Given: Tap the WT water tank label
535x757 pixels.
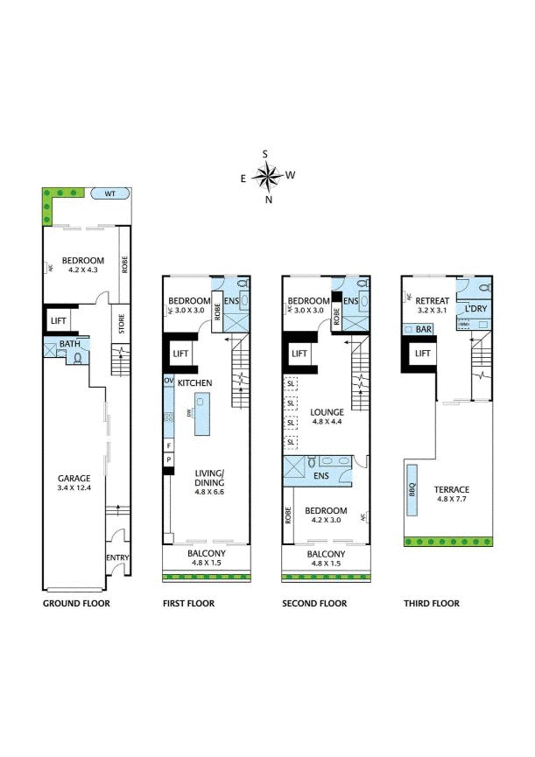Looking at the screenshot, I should coord(110,193).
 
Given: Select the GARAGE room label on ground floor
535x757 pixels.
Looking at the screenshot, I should coord(74,479).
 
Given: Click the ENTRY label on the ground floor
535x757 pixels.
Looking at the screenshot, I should coord(117,557).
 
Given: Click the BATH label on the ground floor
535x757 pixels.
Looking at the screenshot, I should coord(70,345).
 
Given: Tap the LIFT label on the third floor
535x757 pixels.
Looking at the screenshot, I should coord(422,354).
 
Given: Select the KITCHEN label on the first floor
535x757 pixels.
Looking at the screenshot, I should coord(194,383).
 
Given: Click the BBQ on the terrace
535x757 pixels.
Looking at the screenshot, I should coord(412,491).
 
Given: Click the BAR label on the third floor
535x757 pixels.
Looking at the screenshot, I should coord(425,330).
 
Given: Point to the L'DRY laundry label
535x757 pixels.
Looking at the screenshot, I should coord(476,310).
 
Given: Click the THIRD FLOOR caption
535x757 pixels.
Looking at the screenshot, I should coord(431,604).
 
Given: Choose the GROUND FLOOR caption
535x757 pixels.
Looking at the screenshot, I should coord(76,604).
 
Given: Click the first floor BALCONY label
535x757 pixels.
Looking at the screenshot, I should coord(207,554).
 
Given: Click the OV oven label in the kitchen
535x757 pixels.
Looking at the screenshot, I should coord(168,382).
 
